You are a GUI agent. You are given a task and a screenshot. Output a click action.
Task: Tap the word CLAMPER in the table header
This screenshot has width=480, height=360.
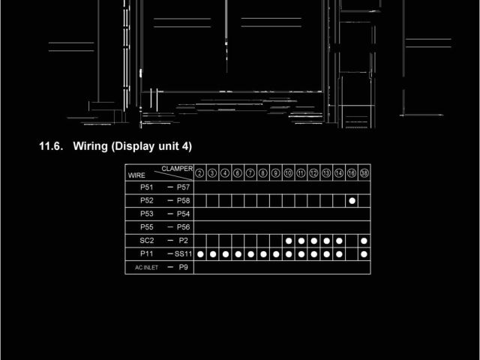(x=177, y=169)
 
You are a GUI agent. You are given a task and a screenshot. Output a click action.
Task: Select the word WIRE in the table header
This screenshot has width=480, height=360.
(x=136, y=175)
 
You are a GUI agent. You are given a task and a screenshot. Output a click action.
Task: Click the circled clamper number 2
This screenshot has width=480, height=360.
(x=200, y=173)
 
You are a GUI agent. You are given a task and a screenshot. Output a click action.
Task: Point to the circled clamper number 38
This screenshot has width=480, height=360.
(x=364, y=173)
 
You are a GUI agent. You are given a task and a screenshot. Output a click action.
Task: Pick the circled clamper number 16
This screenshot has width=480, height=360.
(x=352, y=173)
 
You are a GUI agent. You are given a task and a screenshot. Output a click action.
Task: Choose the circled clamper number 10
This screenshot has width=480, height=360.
(x=288, y=173)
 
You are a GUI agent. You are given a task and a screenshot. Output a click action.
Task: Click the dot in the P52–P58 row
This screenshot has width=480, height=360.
(x=352, y=200)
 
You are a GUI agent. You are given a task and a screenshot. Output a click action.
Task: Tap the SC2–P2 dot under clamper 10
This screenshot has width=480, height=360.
(x=289, y=241)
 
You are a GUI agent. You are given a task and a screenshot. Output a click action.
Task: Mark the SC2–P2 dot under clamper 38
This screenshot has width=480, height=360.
(x=364, y=241)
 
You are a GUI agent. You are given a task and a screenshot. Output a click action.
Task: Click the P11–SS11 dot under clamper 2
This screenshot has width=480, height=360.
(x=200, y=254)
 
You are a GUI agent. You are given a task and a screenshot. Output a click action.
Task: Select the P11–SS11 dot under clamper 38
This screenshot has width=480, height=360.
(x=364, y=254)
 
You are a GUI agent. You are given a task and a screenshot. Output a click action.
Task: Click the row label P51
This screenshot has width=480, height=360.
(x=147, y=187)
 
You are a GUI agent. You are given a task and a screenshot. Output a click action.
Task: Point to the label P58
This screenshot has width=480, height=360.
(x=184, y=200)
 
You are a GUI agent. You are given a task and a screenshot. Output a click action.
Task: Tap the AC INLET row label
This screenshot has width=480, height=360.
(x=146, y=268)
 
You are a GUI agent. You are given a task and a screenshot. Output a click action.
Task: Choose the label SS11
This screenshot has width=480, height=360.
(x=184, y=254)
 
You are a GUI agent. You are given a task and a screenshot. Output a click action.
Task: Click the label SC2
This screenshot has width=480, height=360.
(x=147, y=241)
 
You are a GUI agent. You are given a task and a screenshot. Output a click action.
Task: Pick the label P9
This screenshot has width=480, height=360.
(x=183, y=267)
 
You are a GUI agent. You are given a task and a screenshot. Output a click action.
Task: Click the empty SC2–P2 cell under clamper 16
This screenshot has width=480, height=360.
(x=352, y=241)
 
